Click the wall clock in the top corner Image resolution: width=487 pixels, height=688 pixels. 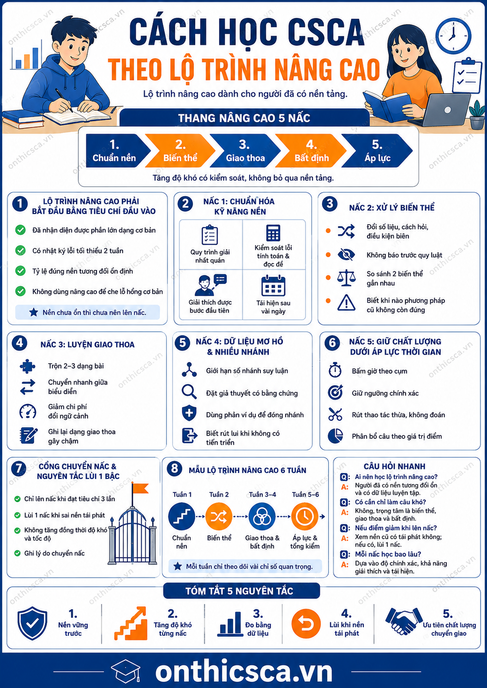pyautogui.click(x=453, y=36)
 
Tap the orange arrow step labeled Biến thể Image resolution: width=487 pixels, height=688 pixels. pyautogui.click(x=180, y=150)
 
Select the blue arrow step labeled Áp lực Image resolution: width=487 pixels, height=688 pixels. pyautogui.click(x=377, y=150)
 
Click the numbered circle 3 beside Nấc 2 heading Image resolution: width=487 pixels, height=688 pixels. pyautogui.click(x=330, y=203)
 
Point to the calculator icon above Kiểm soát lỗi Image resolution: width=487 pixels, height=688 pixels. pyautogui.click(x=273, y=233)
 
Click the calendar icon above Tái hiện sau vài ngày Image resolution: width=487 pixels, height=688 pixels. pyautogui.click(x=273, y=286)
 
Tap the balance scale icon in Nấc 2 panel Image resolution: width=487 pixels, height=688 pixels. pyautogui.click(x=346, y=278)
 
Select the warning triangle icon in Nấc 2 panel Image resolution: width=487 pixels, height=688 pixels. pyautogui.click(x=346, y=303)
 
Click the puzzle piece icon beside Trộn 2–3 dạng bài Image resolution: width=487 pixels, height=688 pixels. pyautogui.click(x=27, y=366)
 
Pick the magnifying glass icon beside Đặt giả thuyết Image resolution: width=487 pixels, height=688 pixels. pyautogui.click(x=189, y=392)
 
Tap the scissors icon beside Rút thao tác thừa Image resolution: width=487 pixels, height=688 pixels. pyautogui.click(x=335, y=414)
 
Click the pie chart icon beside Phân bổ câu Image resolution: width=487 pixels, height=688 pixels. pyautogui.click(x=335, y=436)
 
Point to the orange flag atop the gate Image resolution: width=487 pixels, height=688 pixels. pyautogui.click(x=140, y=488)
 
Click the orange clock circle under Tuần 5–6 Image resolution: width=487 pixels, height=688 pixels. pyautogui.click(x=305, y=517)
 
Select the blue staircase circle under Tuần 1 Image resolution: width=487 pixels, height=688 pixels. pyautogui.click(x=181, y=517)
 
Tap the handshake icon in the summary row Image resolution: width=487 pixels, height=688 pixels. pyautogui.click(x=404, y=621)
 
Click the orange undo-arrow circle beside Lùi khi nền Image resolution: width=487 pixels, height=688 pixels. pyautogui.click(x=306, y=624)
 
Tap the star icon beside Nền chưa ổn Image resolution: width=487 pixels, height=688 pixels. pyautogui.click(x=34, y=312)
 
